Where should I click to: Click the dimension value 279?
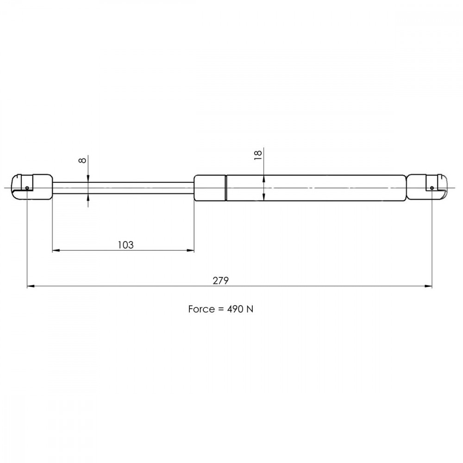[220, 281]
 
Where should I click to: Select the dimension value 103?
[126, 245]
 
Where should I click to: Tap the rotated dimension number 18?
[258, 155]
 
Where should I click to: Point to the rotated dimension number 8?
[82, 160]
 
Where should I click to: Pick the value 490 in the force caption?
[235, 309]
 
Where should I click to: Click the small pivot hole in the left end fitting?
[27, 188]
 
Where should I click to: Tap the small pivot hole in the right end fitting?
[432, 188]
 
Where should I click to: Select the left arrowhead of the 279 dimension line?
[31, 286]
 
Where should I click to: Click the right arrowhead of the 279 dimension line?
[428, 286]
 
